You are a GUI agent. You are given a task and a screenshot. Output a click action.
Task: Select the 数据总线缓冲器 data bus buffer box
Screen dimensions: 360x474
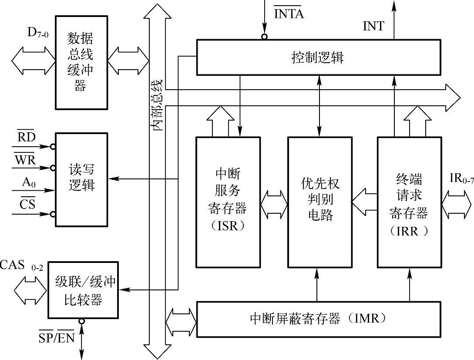tap(81, 62)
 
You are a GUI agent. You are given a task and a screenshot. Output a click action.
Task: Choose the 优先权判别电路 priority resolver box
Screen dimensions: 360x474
tap(319, 202)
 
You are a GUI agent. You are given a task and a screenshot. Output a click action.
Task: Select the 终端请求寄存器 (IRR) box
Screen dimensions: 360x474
tap(409, 202)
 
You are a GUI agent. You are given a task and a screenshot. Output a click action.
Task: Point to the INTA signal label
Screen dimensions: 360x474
tap(288, 13)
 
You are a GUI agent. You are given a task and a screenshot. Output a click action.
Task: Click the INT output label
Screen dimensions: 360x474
tap(373, 27)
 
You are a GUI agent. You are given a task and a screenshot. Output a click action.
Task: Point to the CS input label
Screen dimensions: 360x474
tap(27, 204)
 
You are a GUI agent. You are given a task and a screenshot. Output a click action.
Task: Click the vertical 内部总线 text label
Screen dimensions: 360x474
tap(157, 104)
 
